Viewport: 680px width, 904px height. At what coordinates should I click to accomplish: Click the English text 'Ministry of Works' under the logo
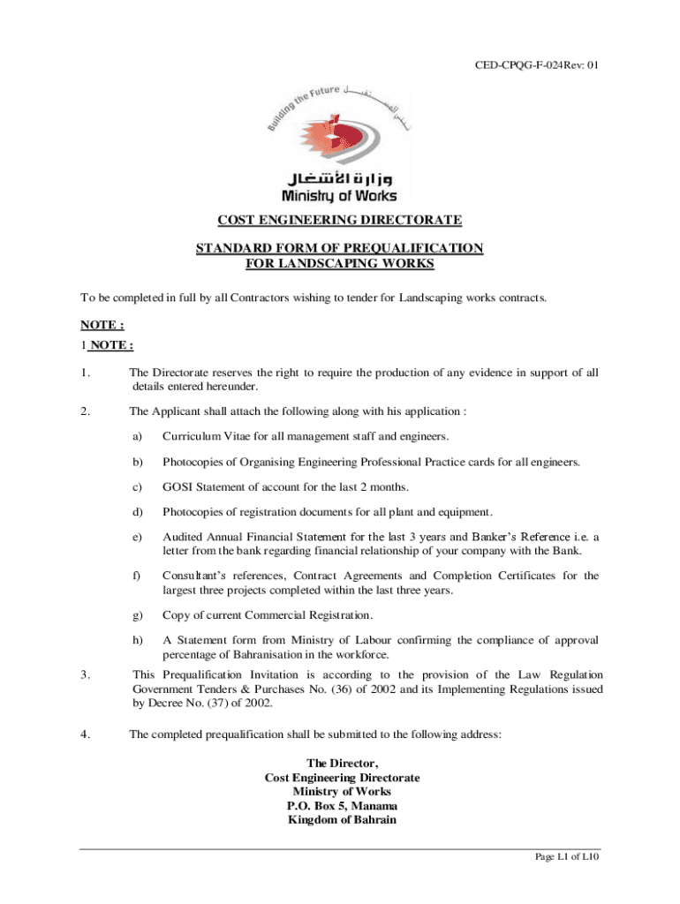point(339,196)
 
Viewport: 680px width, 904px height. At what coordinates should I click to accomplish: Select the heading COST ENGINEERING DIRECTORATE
point(340,220)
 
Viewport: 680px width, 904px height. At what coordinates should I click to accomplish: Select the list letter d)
point(138,512)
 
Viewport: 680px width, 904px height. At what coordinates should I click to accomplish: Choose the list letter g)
point(138,614)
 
